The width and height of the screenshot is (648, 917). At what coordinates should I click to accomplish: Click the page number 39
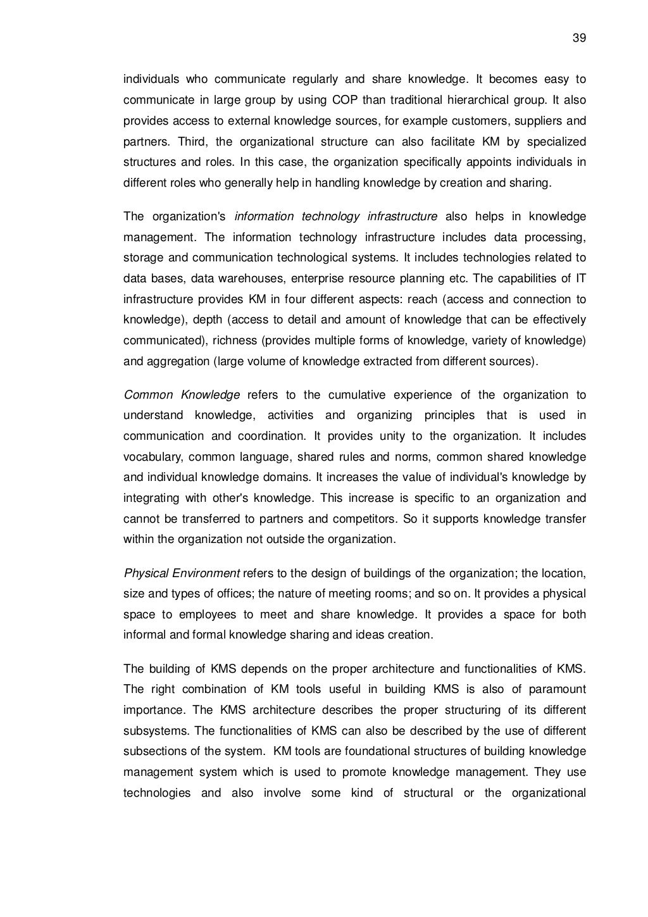[x=579, y=38]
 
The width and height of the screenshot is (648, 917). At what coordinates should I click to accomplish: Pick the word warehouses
[x=230, y=278]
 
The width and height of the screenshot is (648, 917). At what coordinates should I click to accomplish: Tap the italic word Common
[x=148, y=395]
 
